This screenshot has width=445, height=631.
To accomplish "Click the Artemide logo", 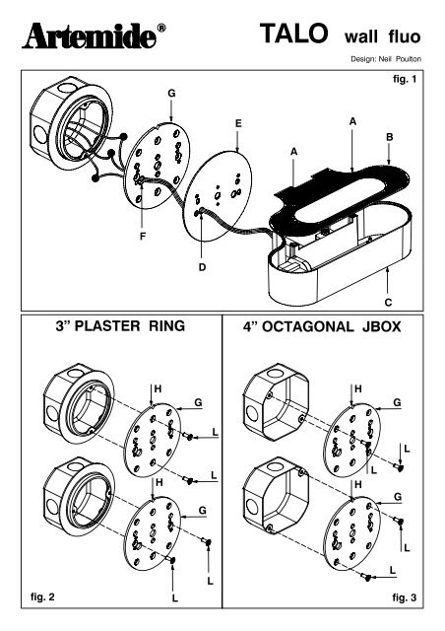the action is click(x=90, y=36).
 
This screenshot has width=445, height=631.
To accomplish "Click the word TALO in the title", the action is click(x=293, y=34).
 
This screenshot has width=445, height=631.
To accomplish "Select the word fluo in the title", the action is click(x=405, y=36).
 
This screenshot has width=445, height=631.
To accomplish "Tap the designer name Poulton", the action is click(x=408, y=59).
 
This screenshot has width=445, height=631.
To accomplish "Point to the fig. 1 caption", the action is click(x=405, y=79).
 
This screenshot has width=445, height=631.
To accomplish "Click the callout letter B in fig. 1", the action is click(x=389, y=137).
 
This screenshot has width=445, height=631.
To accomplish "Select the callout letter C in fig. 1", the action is click(x=388, y=303).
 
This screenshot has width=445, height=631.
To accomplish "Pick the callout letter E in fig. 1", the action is click(x=238, y=123).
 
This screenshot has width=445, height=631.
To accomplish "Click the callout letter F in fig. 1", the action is click(x=143, y=237).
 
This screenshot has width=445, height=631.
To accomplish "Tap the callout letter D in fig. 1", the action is click(x=202, y=267).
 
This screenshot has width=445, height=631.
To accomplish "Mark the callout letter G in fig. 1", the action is click(x=171, y=94).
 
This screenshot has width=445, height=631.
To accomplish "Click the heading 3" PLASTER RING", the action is click(x=120, y=325).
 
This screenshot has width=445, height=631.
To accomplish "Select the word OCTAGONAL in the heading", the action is click(x=308, y=326).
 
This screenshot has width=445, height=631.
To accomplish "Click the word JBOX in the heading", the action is click(x=381, y=326).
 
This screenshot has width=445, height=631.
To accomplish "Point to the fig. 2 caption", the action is click(x=42, y=596).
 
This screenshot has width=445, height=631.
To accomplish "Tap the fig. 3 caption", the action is click(x=405, y=597).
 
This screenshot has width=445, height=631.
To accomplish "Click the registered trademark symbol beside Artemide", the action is click(x=160, y=29).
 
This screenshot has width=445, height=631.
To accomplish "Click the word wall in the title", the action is click(x=361, y=36).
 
